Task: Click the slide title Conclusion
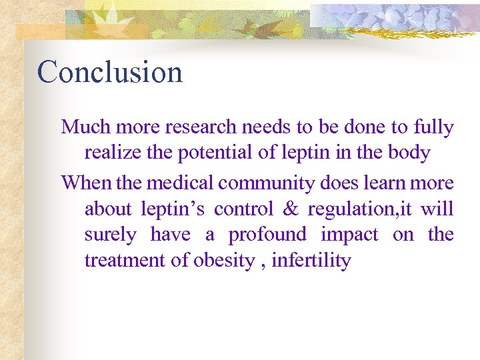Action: [x=110, y=72]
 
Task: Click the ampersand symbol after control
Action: [x=291, y=209]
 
